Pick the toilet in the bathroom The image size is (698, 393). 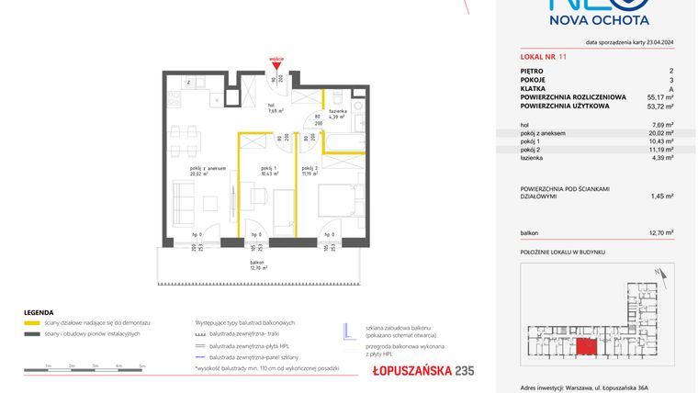click(x=338, y=95)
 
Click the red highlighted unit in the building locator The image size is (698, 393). click(x=585, y=346)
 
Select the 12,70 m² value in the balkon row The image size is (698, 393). click(x=660, y=233)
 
